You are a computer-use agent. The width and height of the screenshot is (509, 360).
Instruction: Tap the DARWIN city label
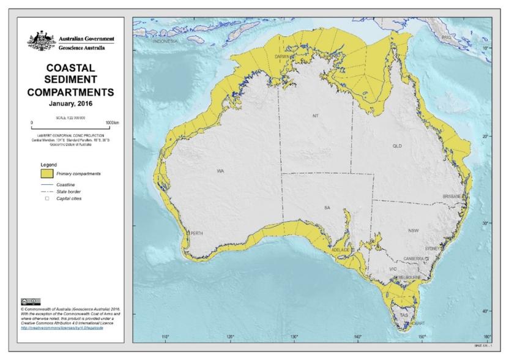(281, 56)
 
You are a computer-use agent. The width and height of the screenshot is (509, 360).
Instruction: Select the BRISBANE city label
(453, 197)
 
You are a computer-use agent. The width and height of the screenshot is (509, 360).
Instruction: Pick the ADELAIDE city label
(340, 250)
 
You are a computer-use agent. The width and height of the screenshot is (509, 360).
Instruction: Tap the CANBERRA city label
(414, 259)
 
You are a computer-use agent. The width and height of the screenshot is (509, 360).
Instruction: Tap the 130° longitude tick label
(294, 337)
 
